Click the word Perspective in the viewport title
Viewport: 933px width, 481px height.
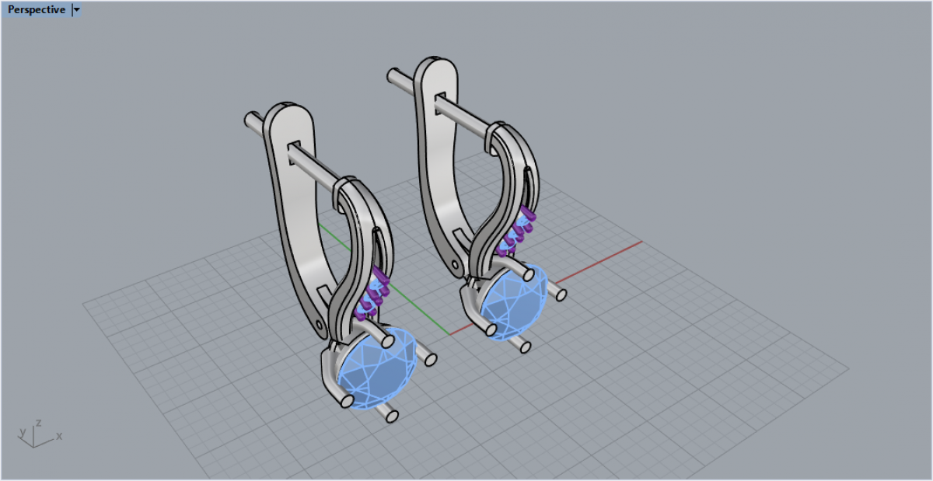[x=37, y=9]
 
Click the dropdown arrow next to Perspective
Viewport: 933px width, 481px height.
[x=76, y=9]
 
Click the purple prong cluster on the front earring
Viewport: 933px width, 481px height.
[x=372, y=294]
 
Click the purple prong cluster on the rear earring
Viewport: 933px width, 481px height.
[x=515, y=231]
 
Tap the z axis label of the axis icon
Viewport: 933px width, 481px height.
[x=38, y=423]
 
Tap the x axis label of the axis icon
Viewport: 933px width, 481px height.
[x=59, y=436]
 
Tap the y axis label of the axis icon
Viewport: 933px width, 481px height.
[x=23, y=432]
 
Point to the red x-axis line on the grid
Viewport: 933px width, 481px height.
[x=546, y=288]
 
